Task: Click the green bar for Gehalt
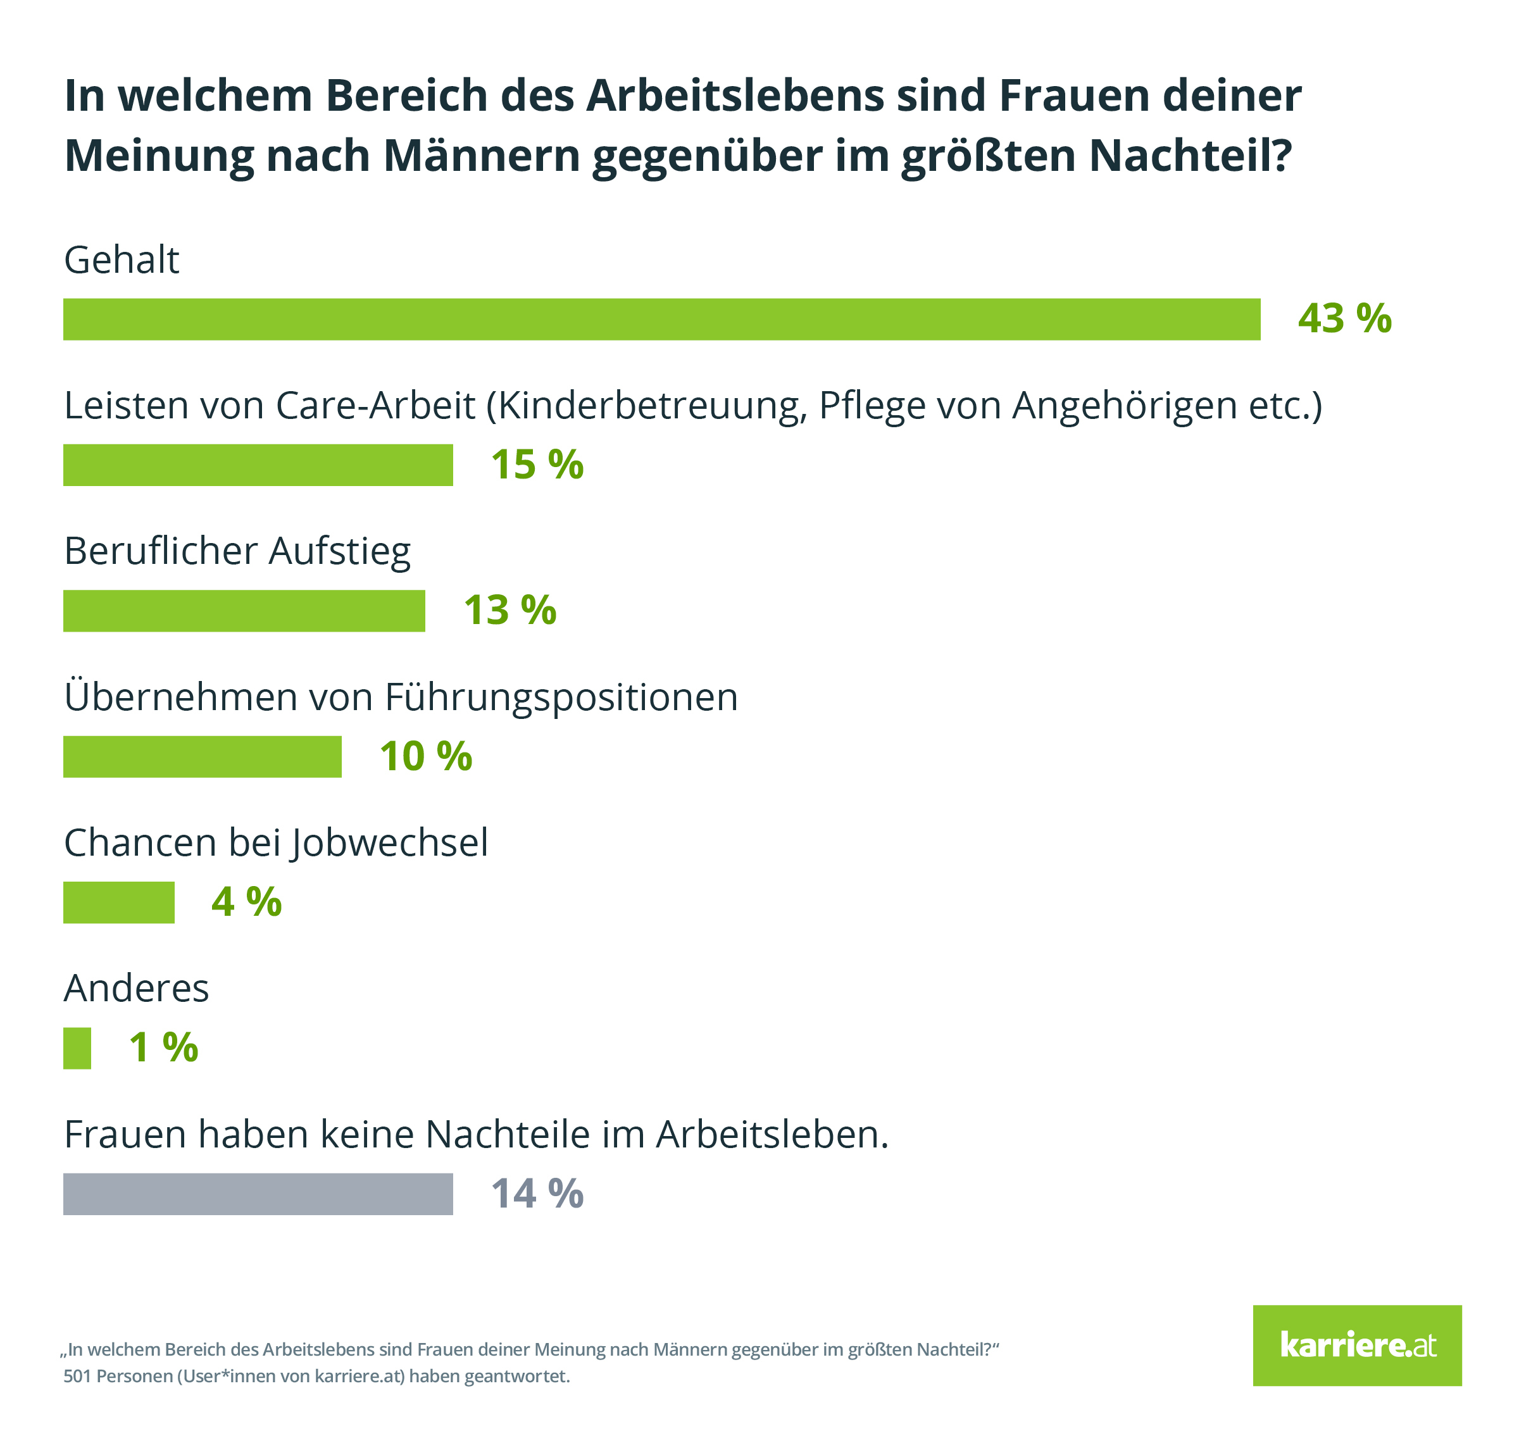click(x=661, y=319)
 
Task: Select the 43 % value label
click(x=1344, y=318)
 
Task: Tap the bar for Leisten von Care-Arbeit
click(x=258, y=465)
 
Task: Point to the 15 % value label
click(x=537, y=465)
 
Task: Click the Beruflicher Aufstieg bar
click(x=244, y=611)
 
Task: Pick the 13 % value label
click(x=509, y=611)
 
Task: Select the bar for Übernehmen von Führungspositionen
click(x=203, y=756)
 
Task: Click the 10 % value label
click(x=425, y=756)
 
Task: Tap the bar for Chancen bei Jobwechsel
click(x=118, y=903)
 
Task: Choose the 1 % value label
click(x=163, y=1047)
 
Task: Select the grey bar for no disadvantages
click(x=258, y=1194)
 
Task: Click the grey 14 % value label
click(x=537, y=1194)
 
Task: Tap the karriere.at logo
click(x=1357, y=1346)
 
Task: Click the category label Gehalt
click(x=122, y=260)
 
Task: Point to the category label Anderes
click(x=136, y=989)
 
